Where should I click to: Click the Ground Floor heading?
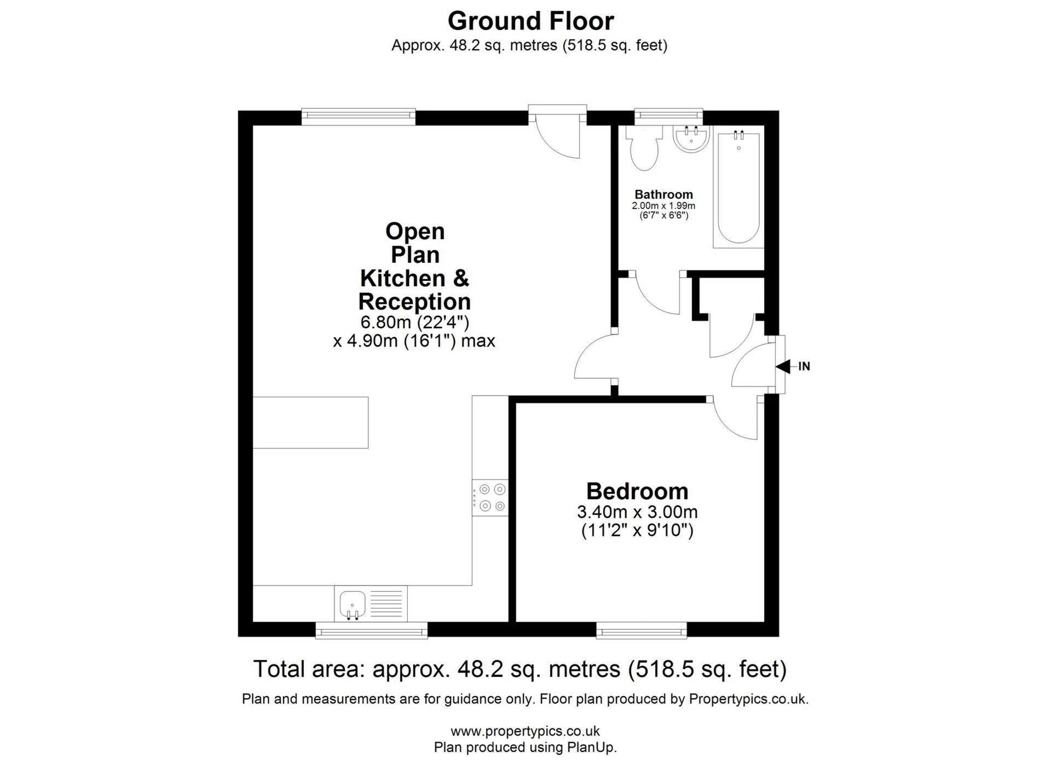[x=530, y=21]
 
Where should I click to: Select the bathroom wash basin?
[x=692, y=139]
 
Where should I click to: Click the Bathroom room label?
[x=663, y=194]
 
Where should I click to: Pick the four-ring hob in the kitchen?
[x=490, y=497]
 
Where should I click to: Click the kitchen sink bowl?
[x=353, y=604]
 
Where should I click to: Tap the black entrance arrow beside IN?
[x=783, y=366]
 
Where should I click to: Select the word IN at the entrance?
[x=804, y=366]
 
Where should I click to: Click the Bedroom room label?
[x=637, y=491]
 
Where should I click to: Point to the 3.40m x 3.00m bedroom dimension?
[x=637, y=512]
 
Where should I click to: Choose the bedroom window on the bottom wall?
[x=642, y=630]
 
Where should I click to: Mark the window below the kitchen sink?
[x=372, y=630]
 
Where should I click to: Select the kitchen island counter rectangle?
[x=310, y=422]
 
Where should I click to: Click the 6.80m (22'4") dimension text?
[x=414, y=322]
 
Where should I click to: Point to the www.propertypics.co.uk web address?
[x=525, y=731]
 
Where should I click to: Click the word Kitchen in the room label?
[x=402, y=279]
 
